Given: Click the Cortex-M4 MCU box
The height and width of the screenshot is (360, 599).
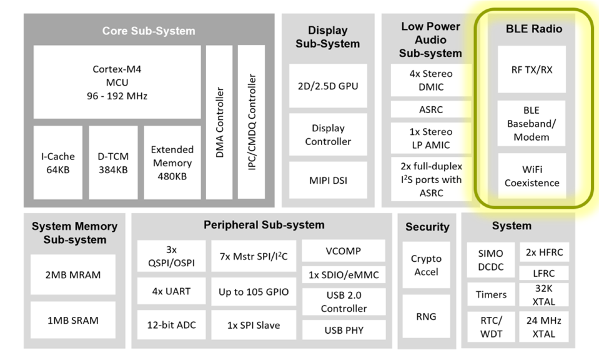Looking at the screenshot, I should point(117,82).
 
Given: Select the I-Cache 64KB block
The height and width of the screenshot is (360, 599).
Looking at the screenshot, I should point(57,162).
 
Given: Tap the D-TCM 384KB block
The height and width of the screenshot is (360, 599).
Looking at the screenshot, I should point(113,162).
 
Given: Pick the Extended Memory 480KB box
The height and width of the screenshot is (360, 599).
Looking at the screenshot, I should point(172,162).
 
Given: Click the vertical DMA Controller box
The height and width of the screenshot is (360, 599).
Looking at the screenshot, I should point(220,122).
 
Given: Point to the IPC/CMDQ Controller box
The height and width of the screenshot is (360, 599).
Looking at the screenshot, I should point(252,122).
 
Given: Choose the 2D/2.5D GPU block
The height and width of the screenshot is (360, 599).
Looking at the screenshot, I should point(328,86).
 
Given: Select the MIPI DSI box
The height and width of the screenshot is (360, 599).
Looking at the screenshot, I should point(328,181).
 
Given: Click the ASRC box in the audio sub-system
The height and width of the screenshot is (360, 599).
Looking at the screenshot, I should point(430,109).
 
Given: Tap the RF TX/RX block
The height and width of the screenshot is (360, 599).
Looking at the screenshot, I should point(532,69).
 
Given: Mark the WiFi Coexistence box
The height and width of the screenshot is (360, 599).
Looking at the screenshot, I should point(532,176).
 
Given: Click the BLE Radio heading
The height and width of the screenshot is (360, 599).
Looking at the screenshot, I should point(533,29).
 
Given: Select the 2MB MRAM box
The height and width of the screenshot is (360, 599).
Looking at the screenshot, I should point(73,274).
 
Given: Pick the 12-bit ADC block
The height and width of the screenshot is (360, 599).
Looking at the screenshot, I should point(171,325).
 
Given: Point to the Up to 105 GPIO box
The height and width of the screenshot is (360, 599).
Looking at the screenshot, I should point(254,292).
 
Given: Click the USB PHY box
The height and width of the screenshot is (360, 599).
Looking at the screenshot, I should point(344,329).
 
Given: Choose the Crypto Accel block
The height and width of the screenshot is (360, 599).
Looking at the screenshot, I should point(426,265).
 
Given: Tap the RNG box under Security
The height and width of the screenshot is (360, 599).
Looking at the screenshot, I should point(426,317).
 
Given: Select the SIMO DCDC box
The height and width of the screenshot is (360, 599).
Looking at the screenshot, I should point(490,259).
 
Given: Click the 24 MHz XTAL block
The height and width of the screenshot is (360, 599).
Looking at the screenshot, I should point(544,327).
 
